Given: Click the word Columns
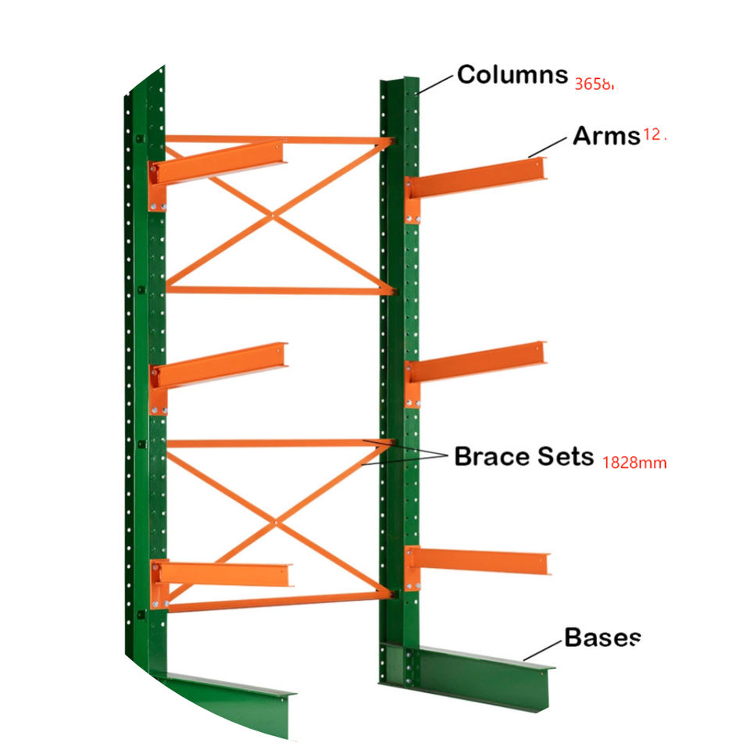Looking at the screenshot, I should (x=512, y=75).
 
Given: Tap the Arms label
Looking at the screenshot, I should (x=606, y=136).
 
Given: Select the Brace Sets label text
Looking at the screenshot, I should (x=523, y=456).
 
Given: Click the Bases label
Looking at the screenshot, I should (x=602, y=637).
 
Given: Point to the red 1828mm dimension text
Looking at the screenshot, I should (x=634, y=462).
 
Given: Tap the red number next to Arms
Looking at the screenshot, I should (x=653, y=135).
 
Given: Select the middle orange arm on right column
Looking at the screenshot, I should (x=477, y=362).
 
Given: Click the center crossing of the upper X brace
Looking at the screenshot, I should (x=271, y=215).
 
